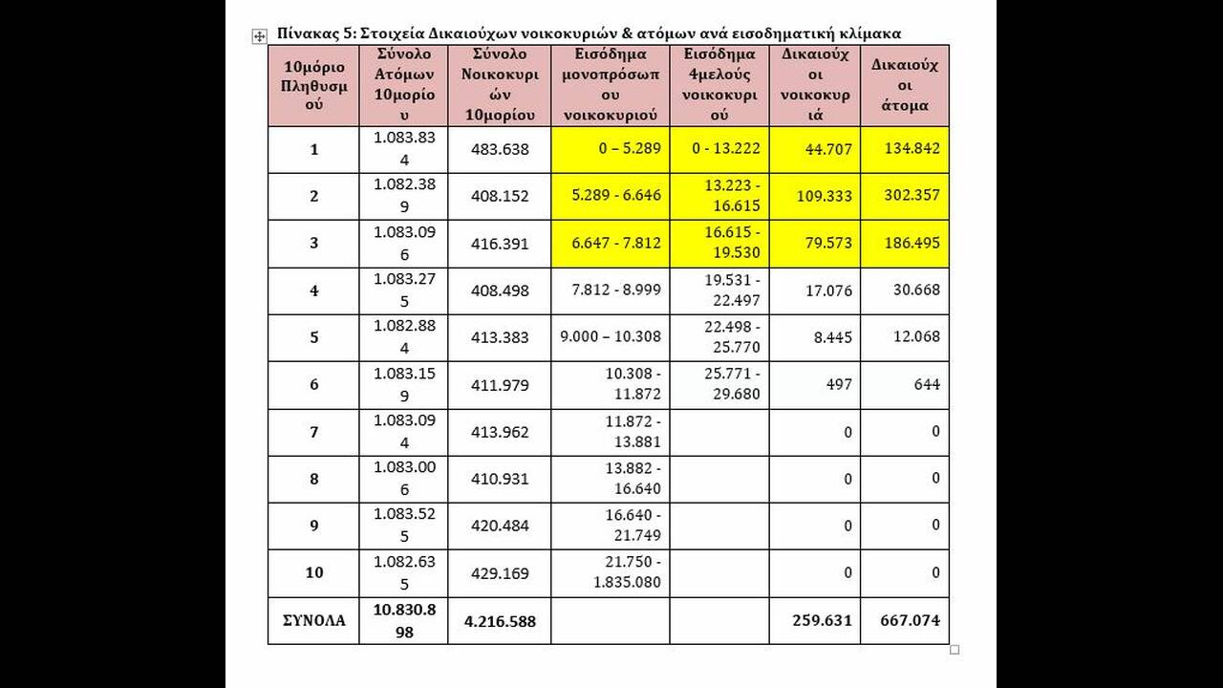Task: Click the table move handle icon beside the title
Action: tap(259, 36)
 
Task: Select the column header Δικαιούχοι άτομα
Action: tap(905, 85)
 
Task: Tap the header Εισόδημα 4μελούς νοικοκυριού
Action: tap(719, 85)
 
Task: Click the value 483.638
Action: tap(500, 149)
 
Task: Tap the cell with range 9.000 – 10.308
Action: tap(611, 336)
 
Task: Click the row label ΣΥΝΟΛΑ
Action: tap(313, 620)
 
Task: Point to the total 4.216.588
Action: tap(500, 621)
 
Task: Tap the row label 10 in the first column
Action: tap(313, 572)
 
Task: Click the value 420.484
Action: tap(500, 526)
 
